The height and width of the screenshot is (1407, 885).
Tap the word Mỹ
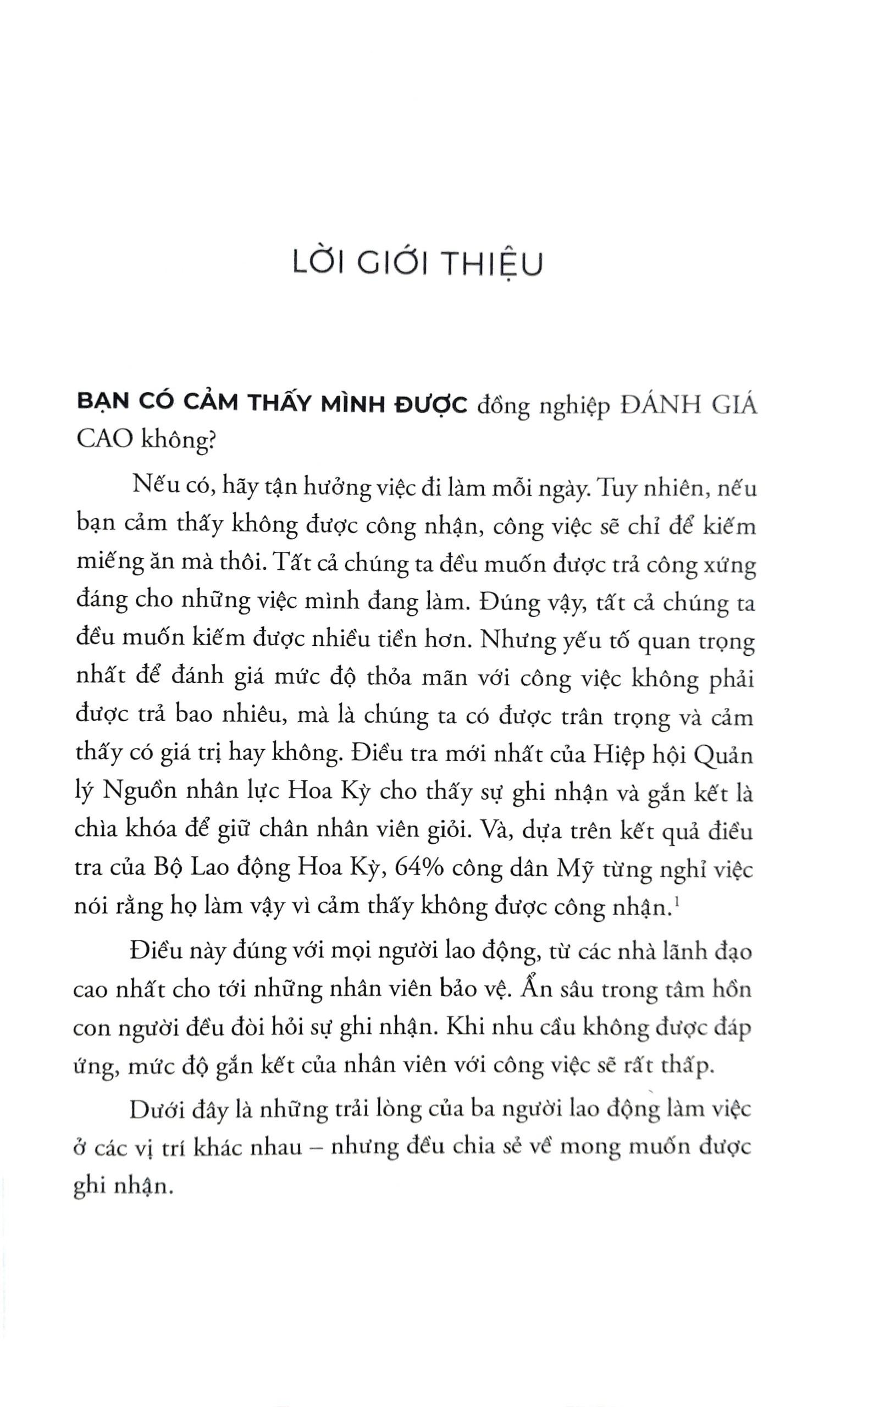click(x=576, y=868)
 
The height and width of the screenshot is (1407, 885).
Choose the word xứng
click(x=731, y=565)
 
